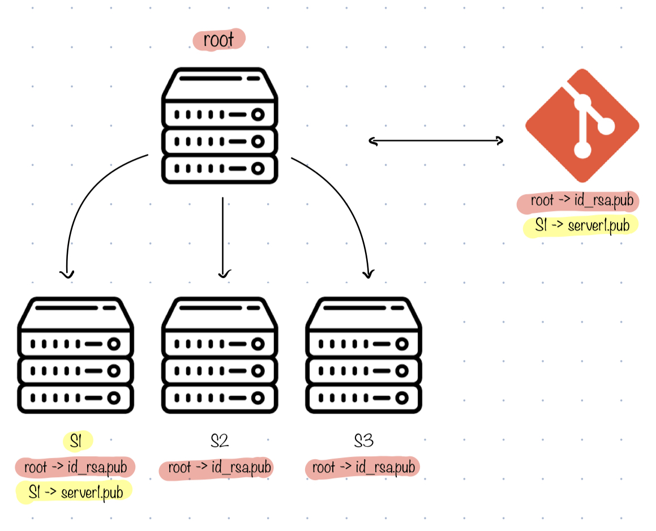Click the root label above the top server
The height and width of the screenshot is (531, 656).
point(218,40)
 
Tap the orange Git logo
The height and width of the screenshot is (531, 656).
point(582,125)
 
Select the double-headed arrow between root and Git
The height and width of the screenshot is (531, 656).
point(436,140)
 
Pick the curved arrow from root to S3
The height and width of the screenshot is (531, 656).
point(351,209)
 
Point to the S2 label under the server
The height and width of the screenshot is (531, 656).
point(218,441)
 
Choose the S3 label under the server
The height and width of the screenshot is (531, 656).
point(364,441)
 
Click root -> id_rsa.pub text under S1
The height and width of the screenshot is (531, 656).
point(75,468)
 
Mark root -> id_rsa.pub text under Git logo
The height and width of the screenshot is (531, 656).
point(581,201)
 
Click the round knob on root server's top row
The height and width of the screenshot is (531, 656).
point(258,115)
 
